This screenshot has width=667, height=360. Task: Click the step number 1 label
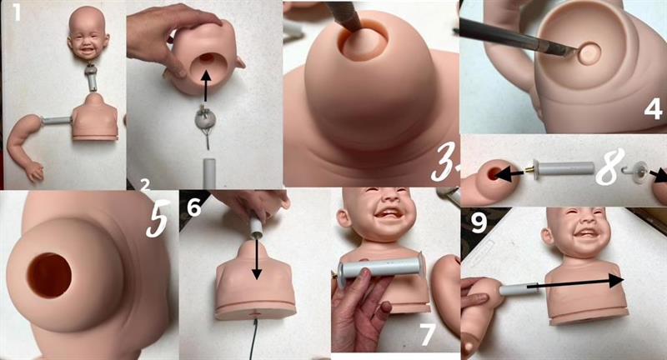tap(17, 12)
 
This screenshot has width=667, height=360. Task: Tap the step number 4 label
tap(653, 109)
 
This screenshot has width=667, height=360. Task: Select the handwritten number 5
tap(157, 218)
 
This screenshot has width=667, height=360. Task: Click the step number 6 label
tap(194, 207)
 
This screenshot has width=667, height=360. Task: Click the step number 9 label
tap(479, 222)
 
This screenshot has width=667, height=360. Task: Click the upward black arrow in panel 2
tap(206, 87)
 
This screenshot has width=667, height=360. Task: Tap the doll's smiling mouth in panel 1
tap(88, 50)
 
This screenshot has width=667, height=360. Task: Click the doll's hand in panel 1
tap(35, 172)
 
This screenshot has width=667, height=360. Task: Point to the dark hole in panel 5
tap(50, 275)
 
